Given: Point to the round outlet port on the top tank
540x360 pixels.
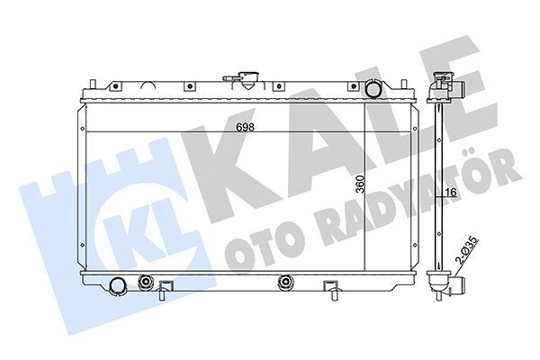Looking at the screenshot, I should pyautogui.click(x=373, y=90).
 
